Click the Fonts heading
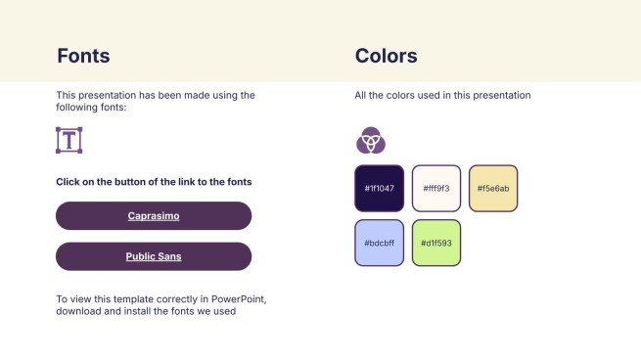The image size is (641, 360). tap(83, 56)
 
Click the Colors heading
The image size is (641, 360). tap(387, 56)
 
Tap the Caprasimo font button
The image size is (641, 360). tap(154, 216)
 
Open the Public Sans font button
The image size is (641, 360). tap(154, 256)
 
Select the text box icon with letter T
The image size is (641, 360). tap(69, 140)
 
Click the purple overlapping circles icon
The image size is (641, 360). tap(371, 140)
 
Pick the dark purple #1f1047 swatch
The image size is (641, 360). tap(380, 189)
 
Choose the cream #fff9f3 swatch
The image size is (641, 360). tap(436, 189)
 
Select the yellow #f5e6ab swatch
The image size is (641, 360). tap(493, 189)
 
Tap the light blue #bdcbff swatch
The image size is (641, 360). tap(380, 243)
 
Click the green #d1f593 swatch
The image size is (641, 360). tap(436, 243)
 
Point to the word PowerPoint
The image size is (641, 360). tap(239, 299)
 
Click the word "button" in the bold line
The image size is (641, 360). tap(129, 182)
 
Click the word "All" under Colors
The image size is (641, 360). tap(360, 95)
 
